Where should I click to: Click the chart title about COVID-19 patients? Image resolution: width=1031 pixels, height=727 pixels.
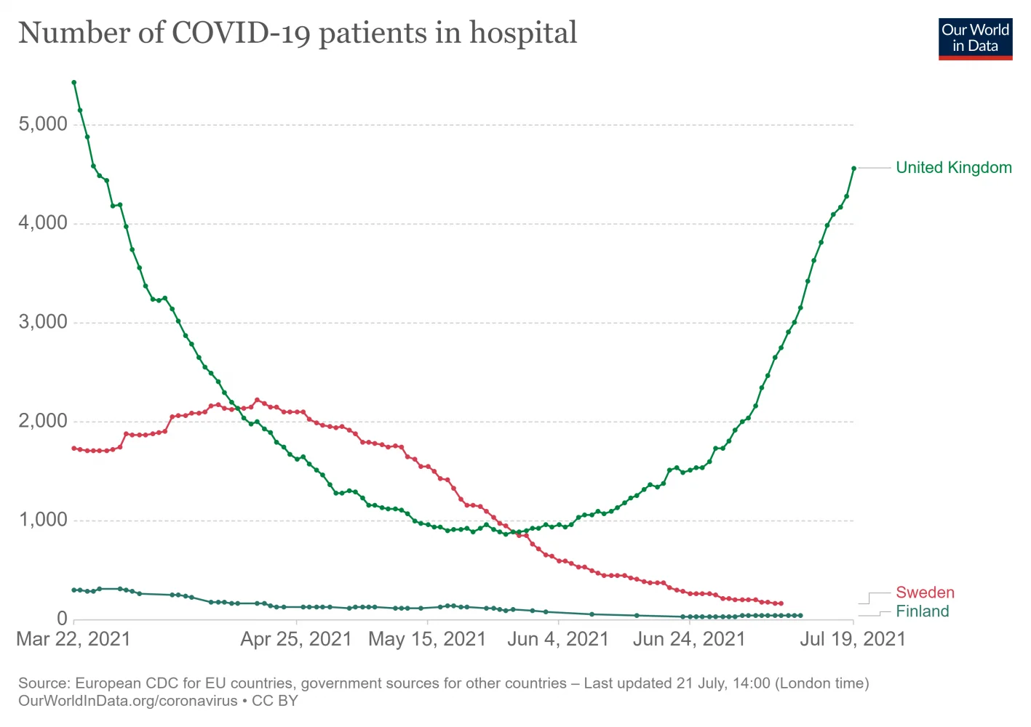[298, 33]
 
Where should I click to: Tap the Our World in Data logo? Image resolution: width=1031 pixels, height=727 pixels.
[975, 39]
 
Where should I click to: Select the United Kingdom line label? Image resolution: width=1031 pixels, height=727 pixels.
[953, 168]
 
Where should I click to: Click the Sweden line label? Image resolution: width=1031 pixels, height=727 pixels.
[925, 593]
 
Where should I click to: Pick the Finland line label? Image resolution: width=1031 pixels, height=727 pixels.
[922, 611]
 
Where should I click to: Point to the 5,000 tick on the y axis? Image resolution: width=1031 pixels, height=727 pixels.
[43, 124]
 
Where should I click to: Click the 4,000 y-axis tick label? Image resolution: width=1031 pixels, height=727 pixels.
[43, 223]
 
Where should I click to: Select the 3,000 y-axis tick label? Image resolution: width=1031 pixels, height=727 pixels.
[43, 322]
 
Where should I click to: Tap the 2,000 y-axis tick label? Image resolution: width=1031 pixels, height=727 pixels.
[43, 421]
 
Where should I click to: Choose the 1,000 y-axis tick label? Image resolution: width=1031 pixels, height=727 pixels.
[43, 520]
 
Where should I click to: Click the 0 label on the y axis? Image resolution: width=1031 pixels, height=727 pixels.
[62, 619]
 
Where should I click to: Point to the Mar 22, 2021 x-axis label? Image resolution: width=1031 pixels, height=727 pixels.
[73, 639]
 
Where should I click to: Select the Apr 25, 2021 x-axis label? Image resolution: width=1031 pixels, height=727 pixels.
[296, 639]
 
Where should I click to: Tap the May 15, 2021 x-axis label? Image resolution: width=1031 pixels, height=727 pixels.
[427, 639]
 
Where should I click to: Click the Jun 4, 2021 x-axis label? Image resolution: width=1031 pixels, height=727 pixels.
[558, 639]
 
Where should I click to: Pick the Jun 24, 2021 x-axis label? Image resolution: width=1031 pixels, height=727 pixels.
[689, 639]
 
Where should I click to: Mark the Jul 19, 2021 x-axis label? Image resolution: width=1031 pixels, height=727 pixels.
[853, 639]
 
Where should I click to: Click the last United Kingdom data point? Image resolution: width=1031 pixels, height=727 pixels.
[853, 169]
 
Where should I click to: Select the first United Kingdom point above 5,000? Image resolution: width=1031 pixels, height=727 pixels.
[74, 83]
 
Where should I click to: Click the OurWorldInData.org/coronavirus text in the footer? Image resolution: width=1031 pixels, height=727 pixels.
[128, 702]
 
